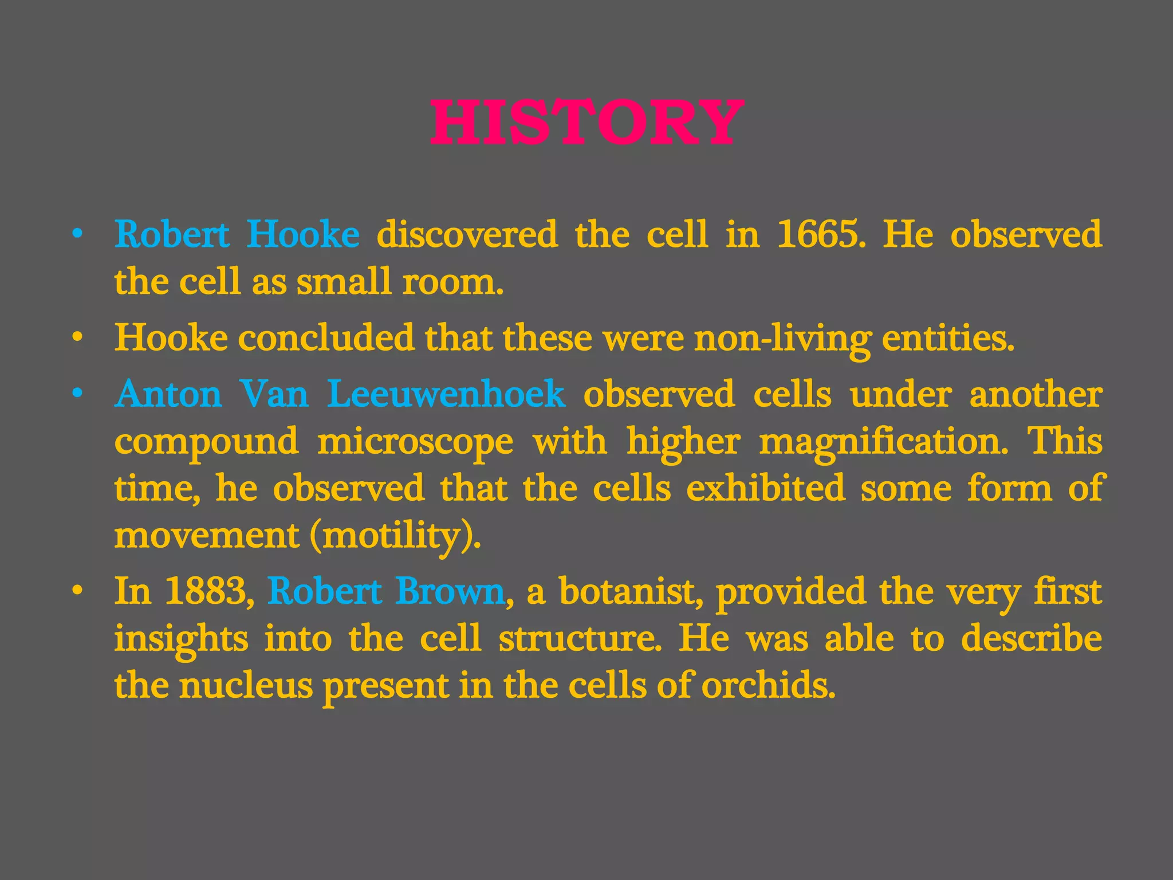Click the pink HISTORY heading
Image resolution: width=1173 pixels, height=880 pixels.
click(x=586, y=122)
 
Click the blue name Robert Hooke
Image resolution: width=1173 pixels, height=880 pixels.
click(x=237, y=234)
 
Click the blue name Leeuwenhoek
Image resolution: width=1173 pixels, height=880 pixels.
click(x=446, y=394)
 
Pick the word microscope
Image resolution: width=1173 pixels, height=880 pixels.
click(x=415, y=442)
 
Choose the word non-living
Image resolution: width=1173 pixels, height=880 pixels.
click(x=781, y=338)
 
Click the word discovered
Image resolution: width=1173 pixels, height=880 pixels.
click(x=467, y=234)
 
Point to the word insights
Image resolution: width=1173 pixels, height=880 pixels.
click(x=181, y=639)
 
